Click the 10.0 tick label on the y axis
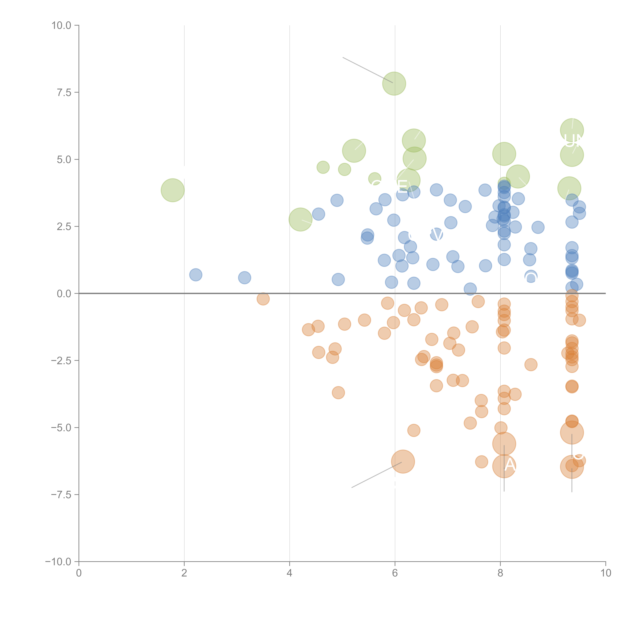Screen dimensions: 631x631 tap(61, 25)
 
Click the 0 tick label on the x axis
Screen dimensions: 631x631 tap(79, 573)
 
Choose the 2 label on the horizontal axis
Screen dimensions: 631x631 tap(184, 573)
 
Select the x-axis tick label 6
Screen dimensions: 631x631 tap(395, 573)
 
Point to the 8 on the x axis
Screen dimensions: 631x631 tap(500, 573)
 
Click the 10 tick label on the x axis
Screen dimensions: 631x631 tap(606, 573)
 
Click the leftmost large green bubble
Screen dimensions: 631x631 tap(172, 190)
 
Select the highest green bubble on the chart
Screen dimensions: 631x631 tap(394, 84)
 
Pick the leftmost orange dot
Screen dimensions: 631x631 tap(263, 298)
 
